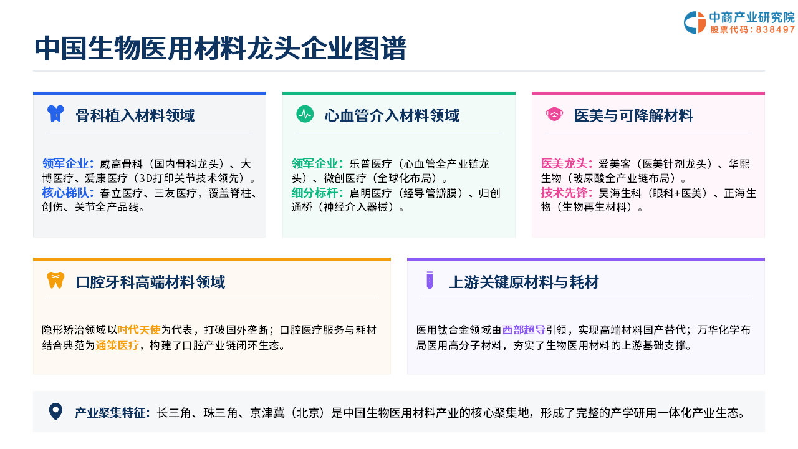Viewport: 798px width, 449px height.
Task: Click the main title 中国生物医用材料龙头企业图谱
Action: tap(221, 48)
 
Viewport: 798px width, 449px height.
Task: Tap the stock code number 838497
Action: tap(775, 29)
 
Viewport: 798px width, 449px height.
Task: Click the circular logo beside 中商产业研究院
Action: tap(695, 22)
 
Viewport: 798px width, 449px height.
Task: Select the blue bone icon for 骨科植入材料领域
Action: tap(55, 114)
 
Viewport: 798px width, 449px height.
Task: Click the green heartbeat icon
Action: tap(305, 114)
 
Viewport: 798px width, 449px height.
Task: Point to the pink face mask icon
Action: tap(554, 114)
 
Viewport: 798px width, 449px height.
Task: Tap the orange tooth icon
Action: tap(55, 281)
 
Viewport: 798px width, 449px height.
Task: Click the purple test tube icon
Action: tap(430, 280)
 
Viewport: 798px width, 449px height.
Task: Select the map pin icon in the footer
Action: tap(55, 412)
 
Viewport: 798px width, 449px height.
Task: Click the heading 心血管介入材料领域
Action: tap(392, 115)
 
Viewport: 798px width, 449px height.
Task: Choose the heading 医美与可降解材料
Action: tap(633, 115)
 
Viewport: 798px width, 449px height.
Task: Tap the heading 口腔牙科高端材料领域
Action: tap(150, 282)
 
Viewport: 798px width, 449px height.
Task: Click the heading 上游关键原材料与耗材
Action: tap(524, 282)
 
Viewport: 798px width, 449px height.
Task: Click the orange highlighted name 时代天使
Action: tap(139, 330)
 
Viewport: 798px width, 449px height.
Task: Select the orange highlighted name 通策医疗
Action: tap(117, 345)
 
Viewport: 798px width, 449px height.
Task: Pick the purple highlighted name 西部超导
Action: tap(524, 330)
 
